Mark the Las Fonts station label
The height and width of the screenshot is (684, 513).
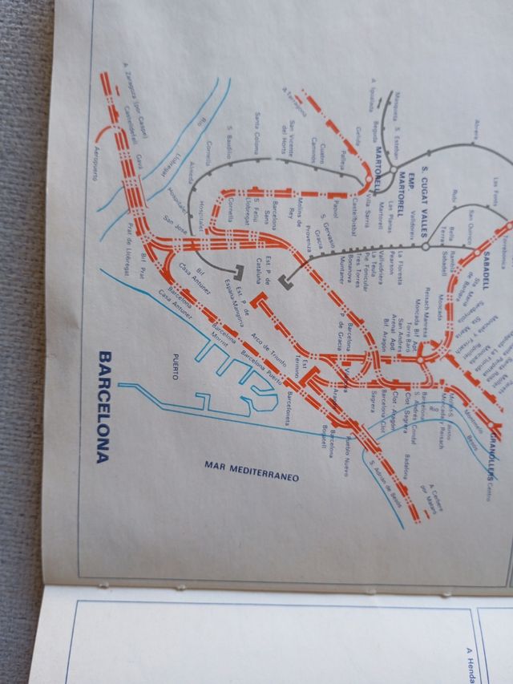pyautogui.click(x=497, y=189)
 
